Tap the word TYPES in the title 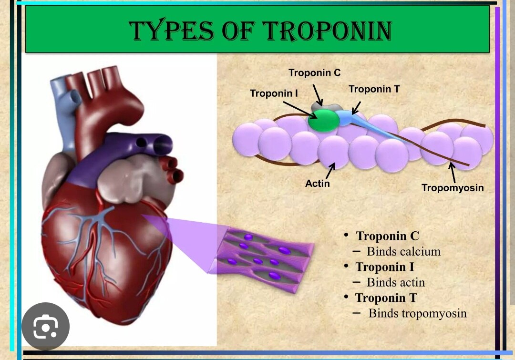[x=171, y=31]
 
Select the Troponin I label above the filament [x=274, y=93]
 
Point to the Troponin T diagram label [x=374, y=89]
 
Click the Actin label [x=318, y=183]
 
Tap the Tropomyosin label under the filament [x=453, y=188]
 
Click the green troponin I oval [x=323, y=120]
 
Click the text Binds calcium [x=403, y=251]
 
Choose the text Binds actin [x=396, y=282]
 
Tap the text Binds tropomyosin [x=417, y=313]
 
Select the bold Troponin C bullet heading [x=387, y=236]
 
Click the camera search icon [x=46, y=327]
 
